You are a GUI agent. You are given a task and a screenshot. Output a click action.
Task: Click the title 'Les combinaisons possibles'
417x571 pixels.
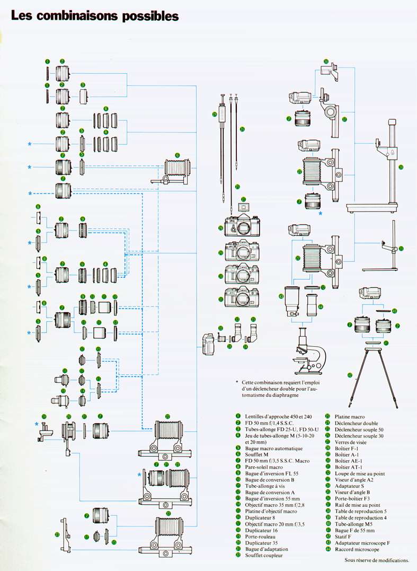[95, 16]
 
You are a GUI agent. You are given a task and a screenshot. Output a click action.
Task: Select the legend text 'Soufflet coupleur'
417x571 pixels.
[263, 556]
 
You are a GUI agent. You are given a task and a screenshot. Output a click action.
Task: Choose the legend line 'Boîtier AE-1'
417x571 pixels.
[350, 461]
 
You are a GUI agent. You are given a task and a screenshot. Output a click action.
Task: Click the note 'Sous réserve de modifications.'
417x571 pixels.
[377, 560]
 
